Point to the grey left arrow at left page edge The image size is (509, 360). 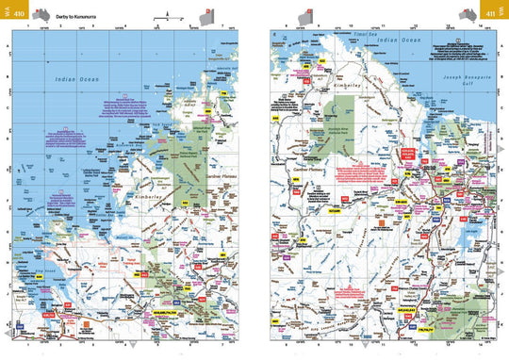point(8,334)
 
